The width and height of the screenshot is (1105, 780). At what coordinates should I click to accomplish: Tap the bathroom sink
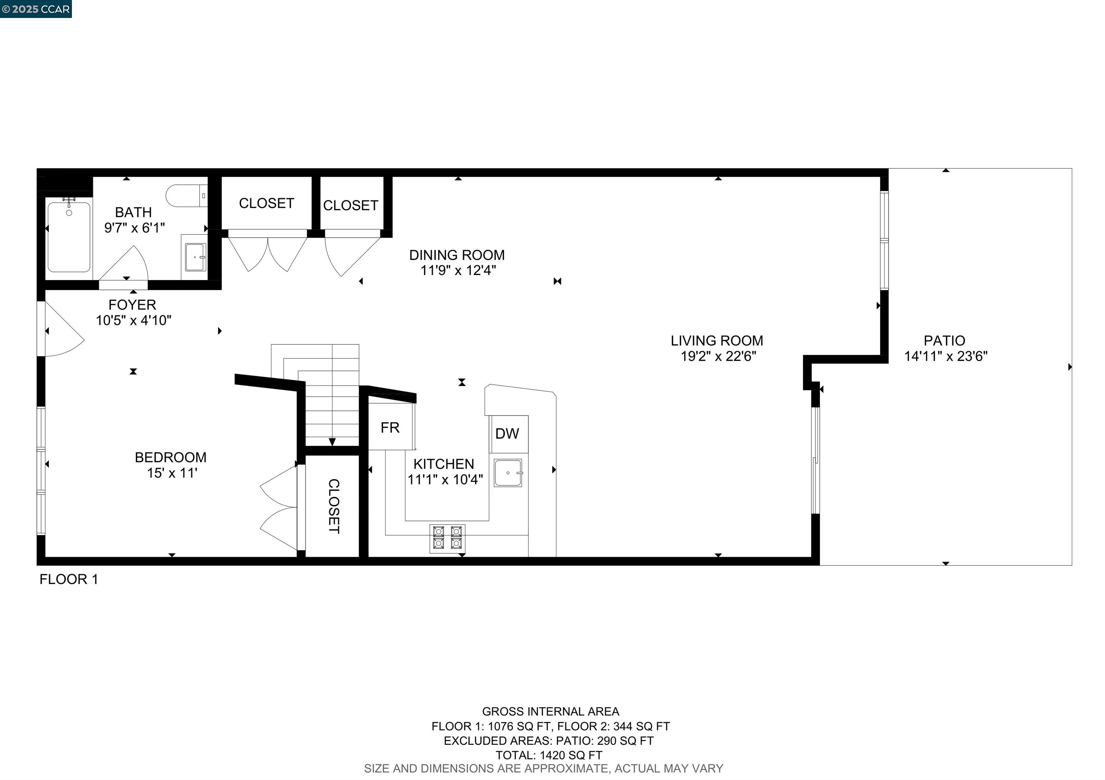[x=195, y=257]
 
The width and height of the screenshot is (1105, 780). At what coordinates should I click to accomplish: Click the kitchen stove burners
[x=447, y=538]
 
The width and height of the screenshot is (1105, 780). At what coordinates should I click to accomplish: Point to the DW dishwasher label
[x=507, y=434]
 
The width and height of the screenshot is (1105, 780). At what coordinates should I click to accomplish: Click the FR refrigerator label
[x=390, y=427]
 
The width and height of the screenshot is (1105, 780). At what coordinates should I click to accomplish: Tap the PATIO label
[x=944, y=340]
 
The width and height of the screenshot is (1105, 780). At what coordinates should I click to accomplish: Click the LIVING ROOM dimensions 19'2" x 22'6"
[x=718, y=356]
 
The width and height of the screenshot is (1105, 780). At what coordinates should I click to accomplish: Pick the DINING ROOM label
[x=457, y=255]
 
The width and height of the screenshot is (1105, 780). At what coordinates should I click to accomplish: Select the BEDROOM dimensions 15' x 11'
[x=172, y=473]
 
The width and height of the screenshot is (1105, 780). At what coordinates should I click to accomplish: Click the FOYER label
[x=132, y=305]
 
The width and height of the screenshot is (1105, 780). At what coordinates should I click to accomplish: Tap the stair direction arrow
[x=332, y=441]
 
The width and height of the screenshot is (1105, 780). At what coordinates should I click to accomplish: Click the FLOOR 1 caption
[x=68, y=579]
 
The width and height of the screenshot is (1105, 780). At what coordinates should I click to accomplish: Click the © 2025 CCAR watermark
[x=36, y=9]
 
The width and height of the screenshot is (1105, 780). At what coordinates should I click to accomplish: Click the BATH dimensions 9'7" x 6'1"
[x=134, y=228]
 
